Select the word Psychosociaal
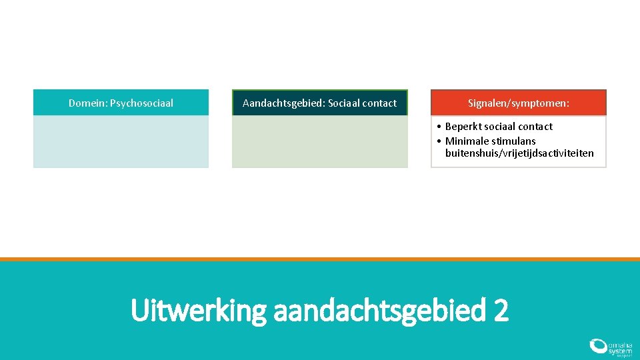[x=141, y=103]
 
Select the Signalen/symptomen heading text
[x=519, y=103]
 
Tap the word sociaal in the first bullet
[x=499, y=127]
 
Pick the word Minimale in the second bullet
[x=467, y=141]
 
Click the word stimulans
[x=514, y=141]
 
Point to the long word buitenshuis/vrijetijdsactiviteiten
[x=519, y=154]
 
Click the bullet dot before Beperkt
[x=439, y=127]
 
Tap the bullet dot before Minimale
[x=439, y=141]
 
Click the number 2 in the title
[x=501, y=311]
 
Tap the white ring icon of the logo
[x=597, y=346]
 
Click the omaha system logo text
[x=619, y=347]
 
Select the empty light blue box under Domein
[x=121, y=141]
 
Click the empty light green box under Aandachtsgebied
[x=319, y=141]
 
